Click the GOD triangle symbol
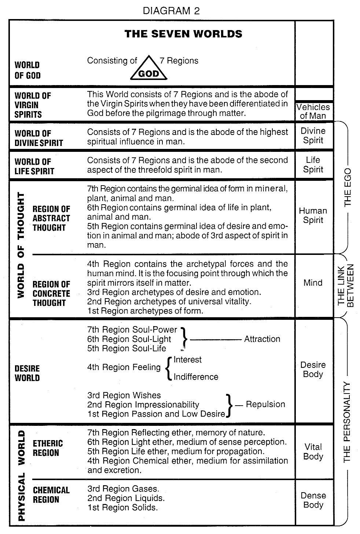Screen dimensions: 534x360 [149, 69]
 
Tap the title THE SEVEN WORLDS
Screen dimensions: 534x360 [183, 34]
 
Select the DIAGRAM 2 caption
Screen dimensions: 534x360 [171, 11]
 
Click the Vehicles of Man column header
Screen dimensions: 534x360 [313, 111]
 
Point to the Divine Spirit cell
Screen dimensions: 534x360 [313, 136]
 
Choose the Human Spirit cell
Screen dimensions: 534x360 [313, 215]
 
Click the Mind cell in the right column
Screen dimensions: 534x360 [313, 283]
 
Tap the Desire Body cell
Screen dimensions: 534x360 [313, 369]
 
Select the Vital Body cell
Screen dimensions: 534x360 [313, 451]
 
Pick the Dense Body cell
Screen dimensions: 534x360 [313, 500]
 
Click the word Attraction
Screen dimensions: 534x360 [262, 339]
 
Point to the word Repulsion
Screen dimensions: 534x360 [265, 404]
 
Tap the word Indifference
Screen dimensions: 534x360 [196, 377]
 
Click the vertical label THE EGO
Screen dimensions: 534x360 [348, 187]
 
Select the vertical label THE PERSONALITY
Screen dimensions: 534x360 [348, 422]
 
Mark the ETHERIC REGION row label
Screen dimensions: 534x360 [48, 448]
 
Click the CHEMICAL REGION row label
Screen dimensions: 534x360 [51, 495]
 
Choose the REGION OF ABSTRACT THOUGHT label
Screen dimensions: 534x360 [51, 218]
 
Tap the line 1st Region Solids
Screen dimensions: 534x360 [122, 508]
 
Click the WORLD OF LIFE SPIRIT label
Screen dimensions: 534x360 [34, 166]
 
